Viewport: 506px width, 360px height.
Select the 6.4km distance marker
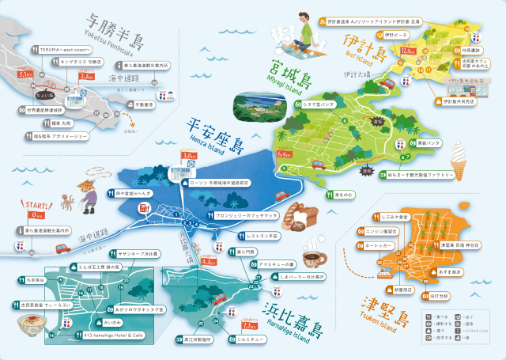coord(286,153)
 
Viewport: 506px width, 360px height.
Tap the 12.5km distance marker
coord(408,51)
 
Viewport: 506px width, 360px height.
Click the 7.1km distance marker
coord(249,324)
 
